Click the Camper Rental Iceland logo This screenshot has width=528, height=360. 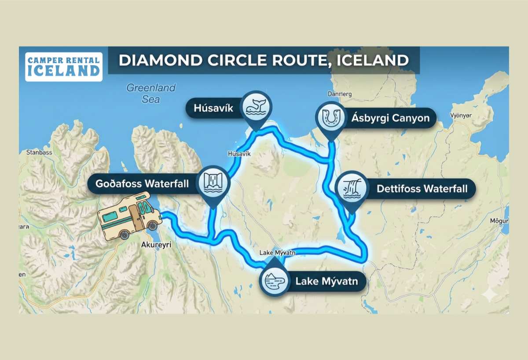click(x=64, y=67)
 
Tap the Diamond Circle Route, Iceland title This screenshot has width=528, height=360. click(x=263, y=60)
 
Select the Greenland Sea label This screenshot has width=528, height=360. click(x=151, y=93)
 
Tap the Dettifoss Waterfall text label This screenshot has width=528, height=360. click(x=422, y=189)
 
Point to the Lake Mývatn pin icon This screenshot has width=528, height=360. click(x=274, y=280)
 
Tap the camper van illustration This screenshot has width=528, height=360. click(x=129, y=216)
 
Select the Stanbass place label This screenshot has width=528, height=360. click(x=39, y=153)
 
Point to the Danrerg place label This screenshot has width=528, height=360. click(x=340, y=94)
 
